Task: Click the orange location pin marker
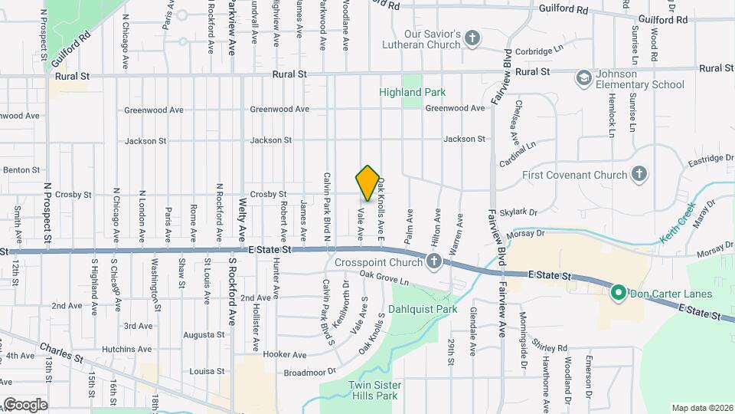point(367,183)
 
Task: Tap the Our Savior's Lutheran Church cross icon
point(472,38)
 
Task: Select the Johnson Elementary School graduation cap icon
point(584,78)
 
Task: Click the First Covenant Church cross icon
point(639,175)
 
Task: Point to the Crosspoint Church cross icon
point(434,262)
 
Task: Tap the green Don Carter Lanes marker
point(618,293)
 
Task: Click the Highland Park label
point(412,92)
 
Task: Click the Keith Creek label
point(676,219)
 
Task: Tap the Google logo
point(24,404)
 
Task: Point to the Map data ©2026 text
point(702,408)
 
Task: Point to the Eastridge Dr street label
point(705,158)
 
